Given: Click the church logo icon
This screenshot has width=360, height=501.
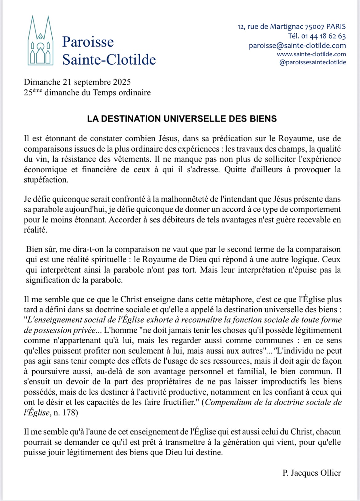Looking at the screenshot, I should [40, 42].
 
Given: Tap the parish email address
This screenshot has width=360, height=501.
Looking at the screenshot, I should [297, 46].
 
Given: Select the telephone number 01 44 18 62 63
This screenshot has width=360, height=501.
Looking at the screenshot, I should [323, 36].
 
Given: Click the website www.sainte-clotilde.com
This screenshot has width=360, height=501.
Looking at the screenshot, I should [311, 54].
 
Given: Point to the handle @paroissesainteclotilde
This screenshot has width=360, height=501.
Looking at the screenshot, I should [312, 62].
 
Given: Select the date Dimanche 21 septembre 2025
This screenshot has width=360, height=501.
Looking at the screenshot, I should [77, 82].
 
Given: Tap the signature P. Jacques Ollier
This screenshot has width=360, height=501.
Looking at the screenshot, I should [311, 473].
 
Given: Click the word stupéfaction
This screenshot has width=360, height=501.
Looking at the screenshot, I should [46, 180].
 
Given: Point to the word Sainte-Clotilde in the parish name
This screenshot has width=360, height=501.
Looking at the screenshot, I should [109, 59].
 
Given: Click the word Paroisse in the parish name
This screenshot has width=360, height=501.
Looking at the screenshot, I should [88, 42].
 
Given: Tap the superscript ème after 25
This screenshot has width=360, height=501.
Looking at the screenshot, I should [37, 90].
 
